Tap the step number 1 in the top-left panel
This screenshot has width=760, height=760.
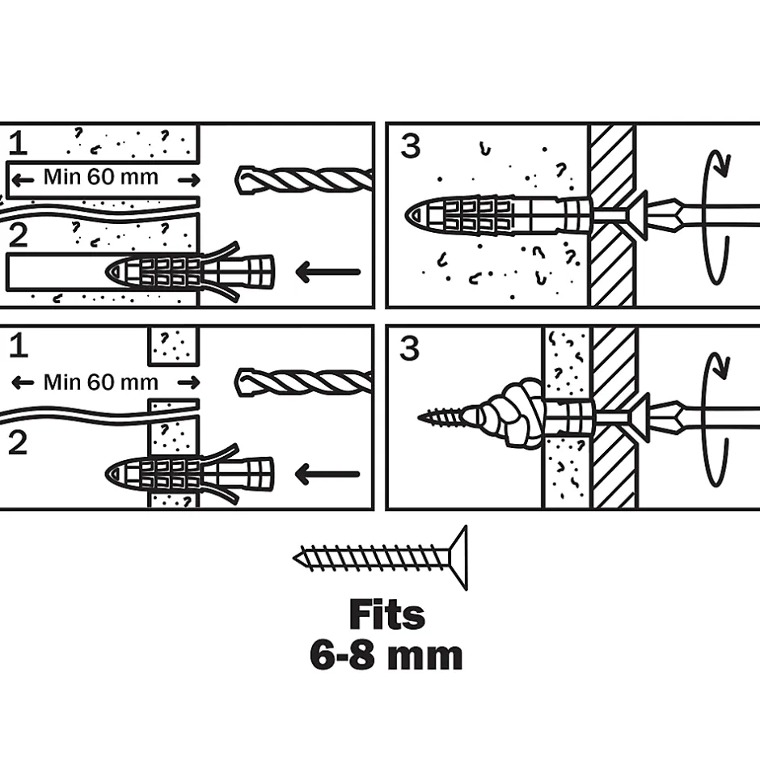click(18, 143)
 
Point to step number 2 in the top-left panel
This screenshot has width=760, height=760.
click(18, 235)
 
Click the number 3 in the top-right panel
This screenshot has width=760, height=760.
click(411, 146)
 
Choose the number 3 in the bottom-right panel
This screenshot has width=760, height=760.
click(411, 348)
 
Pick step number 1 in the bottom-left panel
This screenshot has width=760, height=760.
click(18, 346)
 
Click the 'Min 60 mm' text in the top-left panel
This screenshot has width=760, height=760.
click(101, 177)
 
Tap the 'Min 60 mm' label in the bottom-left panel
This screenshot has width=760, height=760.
click(101, 381)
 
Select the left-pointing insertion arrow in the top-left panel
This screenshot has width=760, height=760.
click(327, 272)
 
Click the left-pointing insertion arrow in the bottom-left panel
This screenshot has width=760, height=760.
click(327, 474)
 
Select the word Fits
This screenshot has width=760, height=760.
click(386, 616)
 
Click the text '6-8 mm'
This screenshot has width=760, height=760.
click(386, 655)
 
